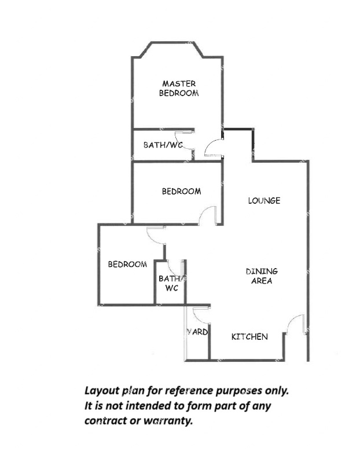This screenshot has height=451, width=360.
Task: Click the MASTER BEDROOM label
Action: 179,89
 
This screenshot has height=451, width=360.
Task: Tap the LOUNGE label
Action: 265,200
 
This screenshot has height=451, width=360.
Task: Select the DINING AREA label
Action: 262,276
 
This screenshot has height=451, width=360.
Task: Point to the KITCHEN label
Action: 249,336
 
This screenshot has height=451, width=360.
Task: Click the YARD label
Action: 197,332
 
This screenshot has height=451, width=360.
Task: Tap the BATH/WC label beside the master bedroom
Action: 163,145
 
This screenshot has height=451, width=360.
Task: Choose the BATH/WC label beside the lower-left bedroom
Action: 172,283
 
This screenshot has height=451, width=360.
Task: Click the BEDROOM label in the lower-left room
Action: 127,264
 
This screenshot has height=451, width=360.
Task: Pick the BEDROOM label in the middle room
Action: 181,191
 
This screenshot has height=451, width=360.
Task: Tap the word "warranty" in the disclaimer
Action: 168,421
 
